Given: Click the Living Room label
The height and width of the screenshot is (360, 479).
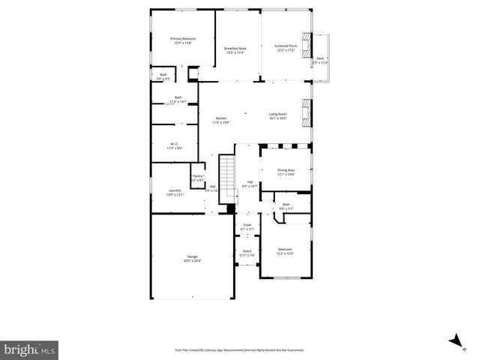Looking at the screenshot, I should point(278,116).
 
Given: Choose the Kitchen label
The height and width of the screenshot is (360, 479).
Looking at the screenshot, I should point(220,120).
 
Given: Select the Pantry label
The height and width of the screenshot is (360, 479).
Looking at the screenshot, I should point(198,178).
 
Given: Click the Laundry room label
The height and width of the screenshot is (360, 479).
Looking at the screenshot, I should point(174,192).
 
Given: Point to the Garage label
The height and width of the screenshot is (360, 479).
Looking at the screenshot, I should point(193,259).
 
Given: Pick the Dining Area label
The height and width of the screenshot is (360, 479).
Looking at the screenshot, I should point(286,172).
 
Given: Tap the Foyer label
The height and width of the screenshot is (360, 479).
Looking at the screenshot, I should point(247,226).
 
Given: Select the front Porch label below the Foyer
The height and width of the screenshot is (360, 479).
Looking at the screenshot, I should point(247,253).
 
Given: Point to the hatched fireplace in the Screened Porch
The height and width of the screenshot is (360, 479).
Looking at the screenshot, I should point(305,46).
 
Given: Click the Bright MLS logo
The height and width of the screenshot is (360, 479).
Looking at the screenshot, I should point(30,349).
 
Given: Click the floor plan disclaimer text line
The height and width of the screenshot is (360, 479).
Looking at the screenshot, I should point(239,349).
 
